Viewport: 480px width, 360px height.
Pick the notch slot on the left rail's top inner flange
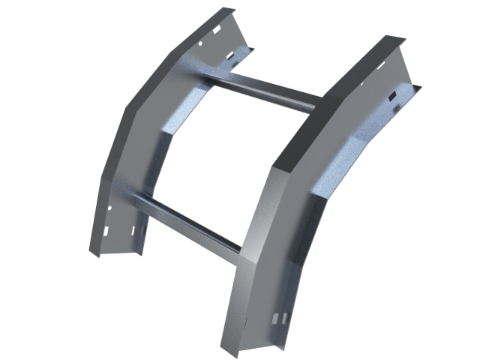244,53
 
